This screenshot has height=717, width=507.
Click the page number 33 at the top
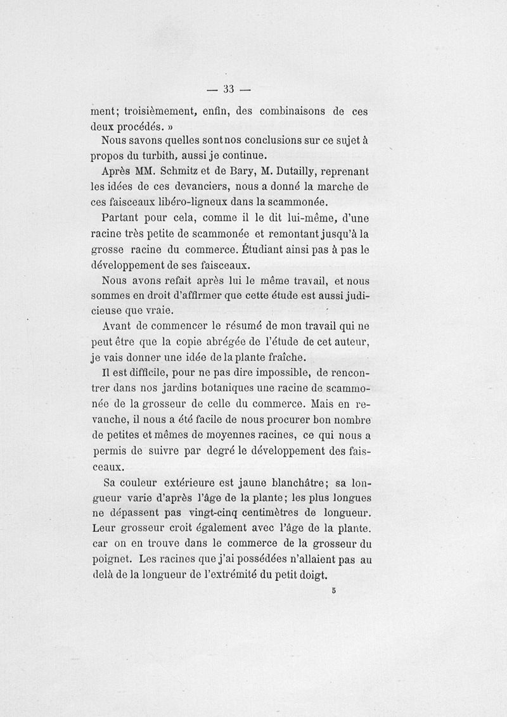(x=229, y=88)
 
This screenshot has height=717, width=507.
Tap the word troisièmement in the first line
(x=162, y=111)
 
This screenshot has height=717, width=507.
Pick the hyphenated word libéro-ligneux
(x=197, y=202)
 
